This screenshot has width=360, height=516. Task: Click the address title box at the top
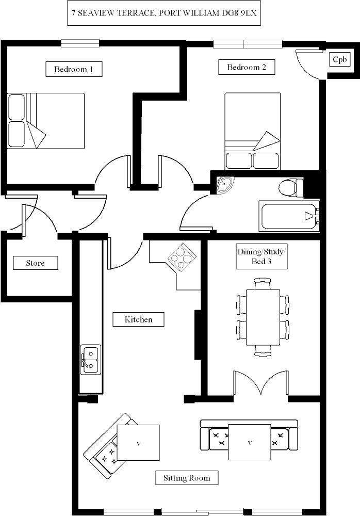[164, 13]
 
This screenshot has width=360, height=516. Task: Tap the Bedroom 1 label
[74, 69]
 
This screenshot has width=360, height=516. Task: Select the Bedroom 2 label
[247, 67]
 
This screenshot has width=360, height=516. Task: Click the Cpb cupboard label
[339, 59]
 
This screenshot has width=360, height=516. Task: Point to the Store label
[36, 263]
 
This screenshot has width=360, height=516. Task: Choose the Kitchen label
[138, 319]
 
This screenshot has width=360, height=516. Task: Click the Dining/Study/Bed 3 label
[261, 256]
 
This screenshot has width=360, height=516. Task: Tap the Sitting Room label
[187, 477]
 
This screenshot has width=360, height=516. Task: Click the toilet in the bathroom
[291, 188]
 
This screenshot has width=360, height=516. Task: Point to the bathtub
[289, 216]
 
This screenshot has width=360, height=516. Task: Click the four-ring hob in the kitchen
[181, 257]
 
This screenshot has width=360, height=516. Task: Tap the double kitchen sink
[91, 359]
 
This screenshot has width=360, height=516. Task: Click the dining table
[263, 317]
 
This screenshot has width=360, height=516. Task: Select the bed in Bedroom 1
[46, 121]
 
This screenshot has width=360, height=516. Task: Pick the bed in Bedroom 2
[252, 131]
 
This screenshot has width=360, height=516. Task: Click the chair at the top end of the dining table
[263, 283]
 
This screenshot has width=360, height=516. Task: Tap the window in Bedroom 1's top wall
[80, 43]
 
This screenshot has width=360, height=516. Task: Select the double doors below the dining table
[261, 383]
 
